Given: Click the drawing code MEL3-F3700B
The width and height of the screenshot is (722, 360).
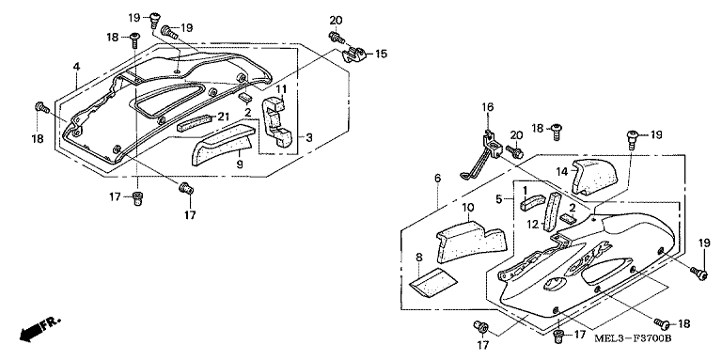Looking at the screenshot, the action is (632, 338).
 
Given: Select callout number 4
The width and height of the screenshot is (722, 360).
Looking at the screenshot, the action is (76, 67).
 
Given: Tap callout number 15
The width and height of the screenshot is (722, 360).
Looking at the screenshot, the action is (382, 55).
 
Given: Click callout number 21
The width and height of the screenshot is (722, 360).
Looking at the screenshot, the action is (224, 117).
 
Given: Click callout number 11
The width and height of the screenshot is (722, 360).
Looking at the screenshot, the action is (281, 89).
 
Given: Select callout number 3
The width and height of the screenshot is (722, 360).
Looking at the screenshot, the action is (309, 137).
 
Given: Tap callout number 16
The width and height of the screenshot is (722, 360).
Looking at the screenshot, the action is (488, 108).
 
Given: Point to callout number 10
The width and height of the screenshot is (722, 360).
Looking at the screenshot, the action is (467, 207).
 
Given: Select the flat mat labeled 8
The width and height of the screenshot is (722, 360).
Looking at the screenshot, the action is (432, 282).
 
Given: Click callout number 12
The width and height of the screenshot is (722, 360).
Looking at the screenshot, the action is (532, 225).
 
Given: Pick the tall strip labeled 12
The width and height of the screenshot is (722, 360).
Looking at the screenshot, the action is (552, 211).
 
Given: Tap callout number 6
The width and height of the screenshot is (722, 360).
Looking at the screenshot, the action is (437, 178).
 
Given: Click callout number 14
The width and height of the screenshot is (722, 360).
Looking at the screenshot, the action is (560, 170).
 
